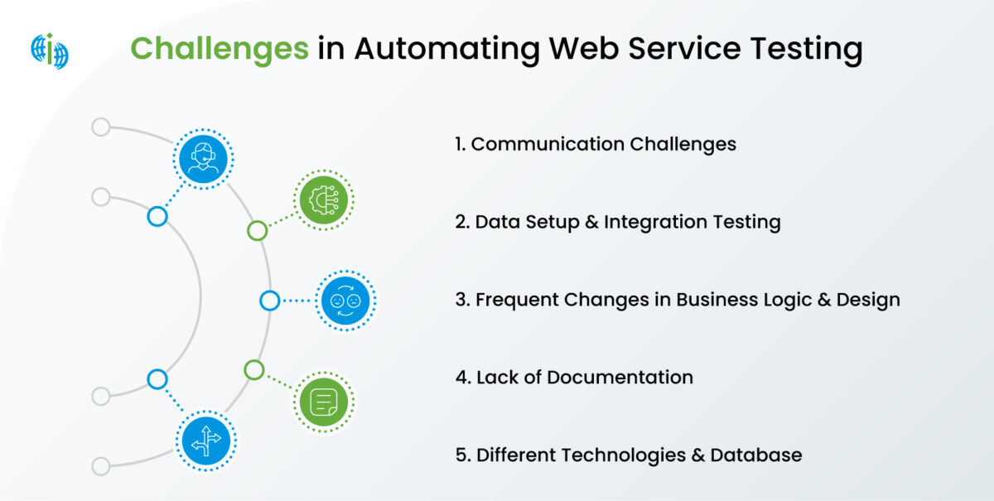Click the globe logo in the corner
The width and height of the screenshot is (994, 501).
click(x=50, y=51)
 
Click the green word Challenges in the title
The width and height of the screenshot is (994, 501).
click(x=220, y=49)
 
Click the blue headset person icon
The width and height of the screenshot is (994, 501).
click(x=204, y=157)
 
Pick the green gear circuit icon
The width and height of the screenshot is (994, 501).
click(x=323, y=200)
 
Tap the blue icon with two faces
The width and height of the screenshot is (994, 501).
click(x=346, y=301)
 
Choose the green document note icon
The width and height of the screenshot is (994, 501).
click(x=323, y=402)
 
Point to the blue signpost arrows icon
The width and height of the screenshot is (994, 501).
click(x=205, y=440)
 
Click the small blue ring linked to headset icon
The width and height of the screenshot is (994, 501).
click(x=157, y=217)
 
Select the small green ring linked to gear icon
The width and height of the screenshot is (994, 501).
click(x=258, y=230)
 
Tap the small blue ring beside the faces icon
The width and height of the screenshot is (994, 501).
click(x=269, y=301)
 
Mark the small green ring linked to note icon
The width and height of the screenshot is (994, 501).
click(x=254, y=369)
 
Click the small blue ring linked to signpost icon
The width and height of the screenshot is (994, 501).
click(x=157, y=379)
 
